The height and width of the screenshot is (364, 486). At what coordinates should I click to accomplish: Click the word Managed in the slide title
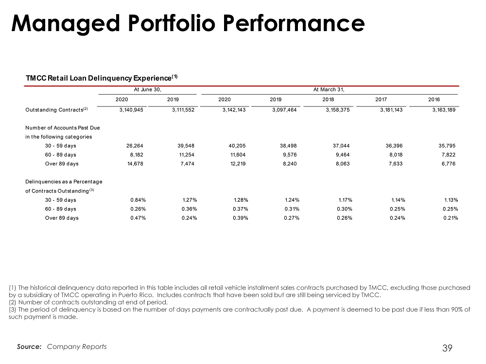(x=66, y=24)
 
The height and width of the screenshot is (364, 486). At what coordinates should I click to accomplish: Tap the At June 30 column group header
(x=148, y=89)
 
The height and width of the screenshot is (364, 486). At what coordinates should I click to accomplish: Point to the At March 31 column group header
(x=329, y=89)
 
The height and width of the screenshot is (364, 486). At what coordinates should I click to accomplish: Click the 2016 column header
(x=434, y=100)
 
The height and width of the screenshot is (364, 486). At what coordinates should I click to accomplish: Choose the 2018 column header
(x=328, y=100)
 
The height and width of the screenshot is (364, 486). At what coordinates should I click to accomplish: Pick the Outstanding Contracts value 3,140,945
(x=131, y=110)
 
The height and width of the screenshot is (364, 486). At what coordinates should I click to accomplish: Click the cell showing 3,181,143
(x=391, y=110)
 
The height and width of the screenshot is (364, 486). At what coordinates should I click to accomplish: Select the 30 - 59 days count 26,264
(x=135, y=146)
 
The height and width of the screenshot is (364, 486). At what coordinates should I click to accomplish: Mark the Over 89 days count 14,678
(x=136, y=164)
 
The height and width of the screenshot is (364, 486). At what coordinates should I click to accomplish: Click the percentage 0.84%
(x=138, y=200)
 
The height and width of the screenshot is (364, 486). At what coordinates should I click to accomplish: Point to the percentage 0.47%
(x=138, y=218)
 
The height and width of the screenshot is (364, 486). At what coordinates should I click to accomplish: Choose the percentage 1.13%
(x=451, y=200)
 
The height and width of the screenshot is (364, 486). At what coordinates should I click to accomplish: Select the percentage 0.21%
(x=451, y=218)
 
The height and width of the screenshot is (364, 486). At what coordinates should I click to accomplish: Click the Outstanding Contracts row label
(x=57, y=110)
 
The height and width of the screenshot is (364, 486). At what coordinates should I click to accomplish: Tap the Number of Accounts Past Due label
(x=63, y=128)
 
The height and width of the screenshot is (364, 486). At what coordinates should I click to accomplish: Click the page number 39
(x=447, y=348)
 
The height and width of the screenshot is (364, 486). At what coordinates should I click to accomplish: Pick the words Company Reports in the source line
(x=77, y=347)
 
